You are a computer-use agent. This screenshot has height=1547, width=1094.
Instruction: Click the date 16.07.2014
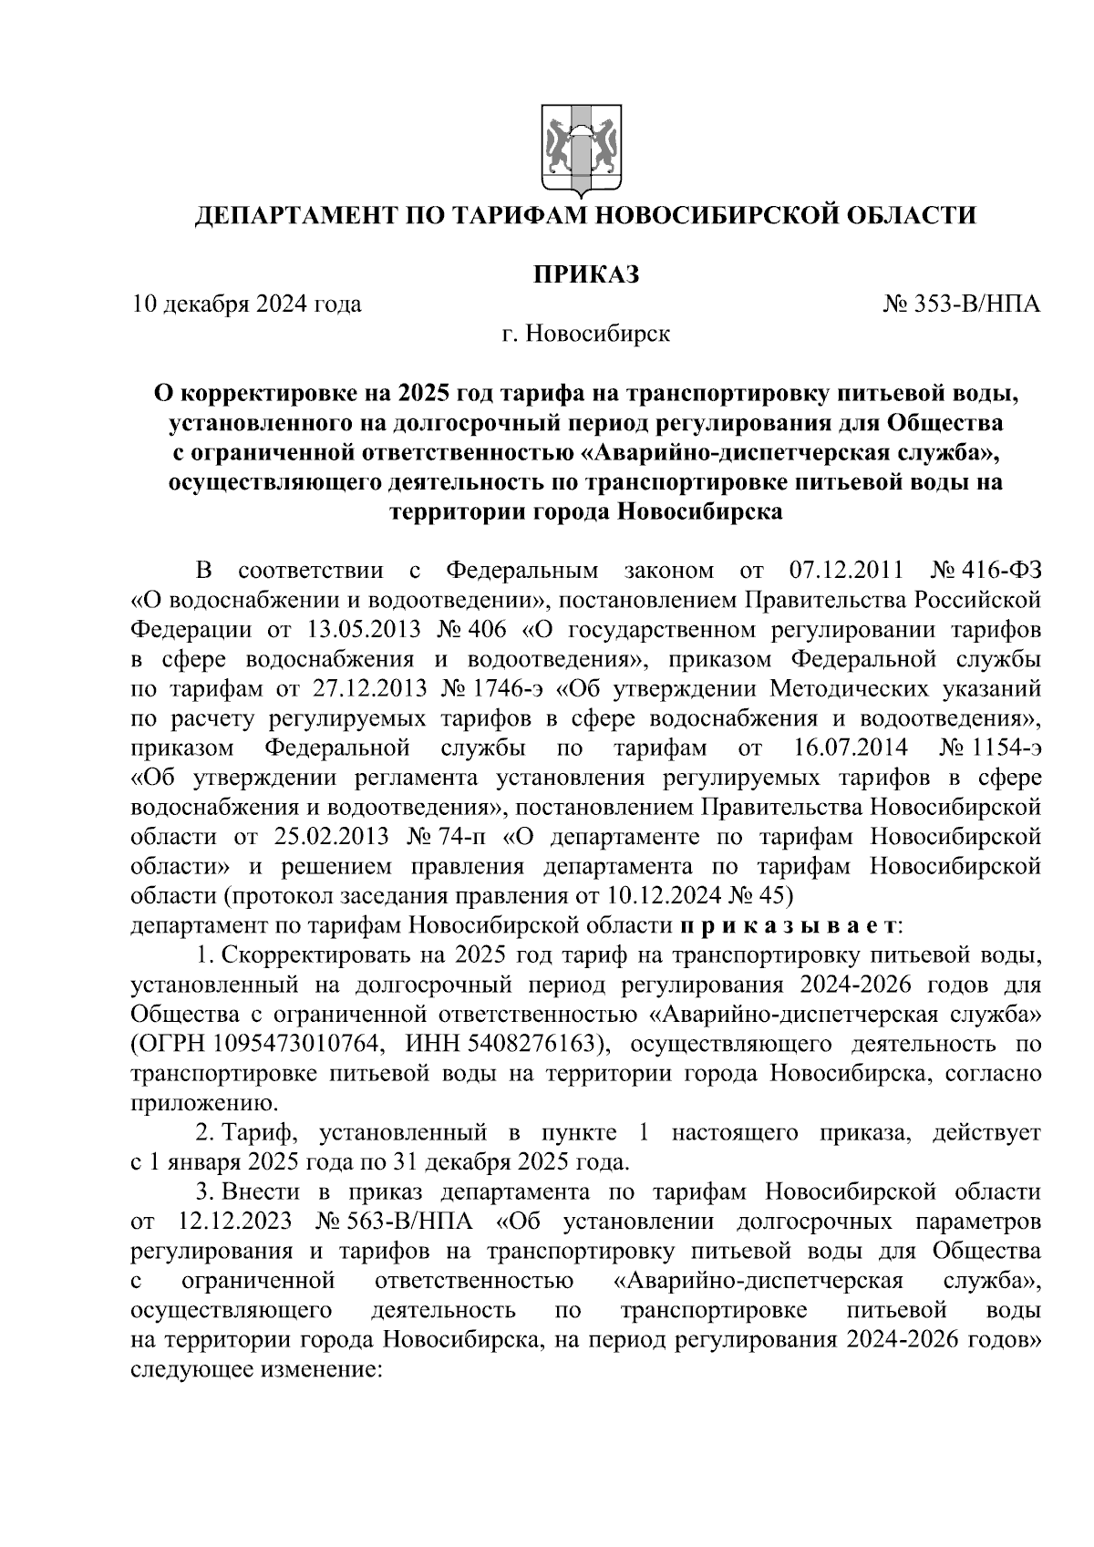tap(845, 748)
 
